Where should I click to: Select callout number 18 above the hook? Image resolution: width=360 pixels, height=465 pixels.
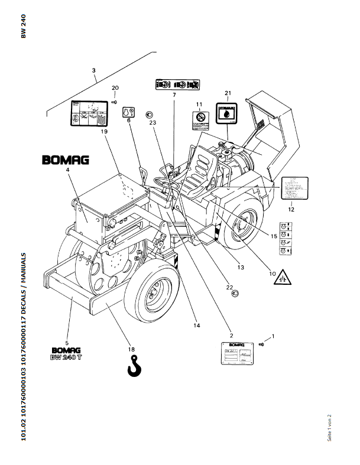[131, 349]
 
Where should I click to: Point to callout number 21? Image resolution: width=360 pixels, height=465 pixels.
[228, 93]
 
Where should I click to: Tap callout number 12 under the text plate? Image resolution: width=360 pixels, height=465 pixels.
[291, 209]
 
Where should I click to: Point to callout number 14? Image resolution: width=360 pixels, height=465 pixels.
[196, 325]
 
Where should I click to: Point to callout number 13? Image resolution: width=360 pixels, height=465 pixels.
[241, 267]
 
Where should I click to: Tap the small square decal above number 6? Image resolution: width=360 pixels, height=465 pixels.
[128, 110]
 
